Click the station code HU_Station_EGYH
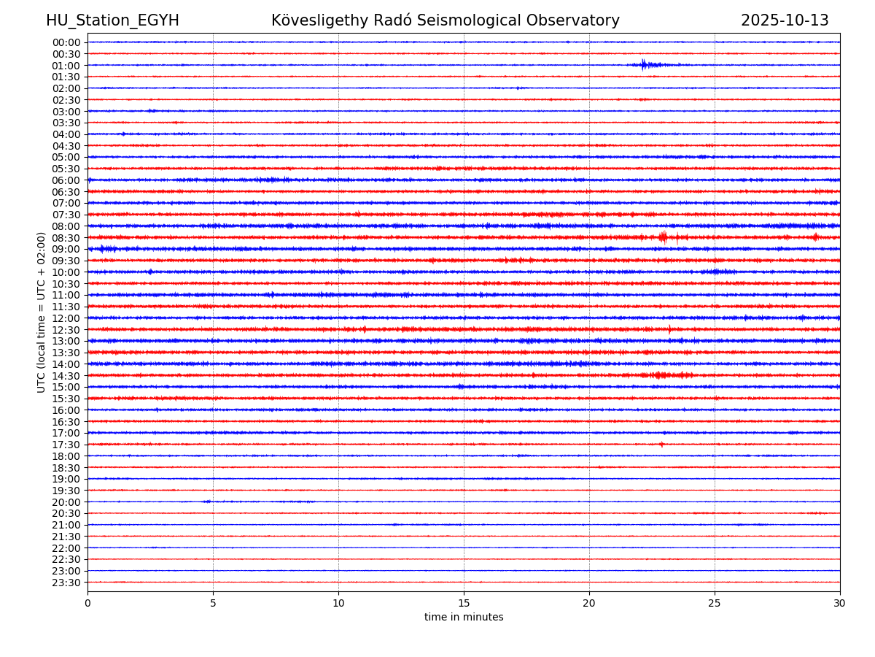pyautogui.click(x=112, y=21)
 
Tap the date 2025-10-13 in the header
pyautogui.click(x=785, y=21)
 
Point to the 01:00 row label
pyautogui.click(x=66, y=66)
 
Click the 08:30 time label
pyautogui.click(x=66, y=238)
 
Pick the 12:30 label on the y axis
pyautogui.click(x=66, y=330)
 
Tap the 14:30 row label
pyautogui.click(x=66, y=376)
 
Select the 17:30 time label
pyautogui.click(x=66, y=445)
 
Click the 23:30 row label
pyautogui.click(x=66, y=583)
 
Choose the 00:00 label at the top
pyautogui.click(x=66, y=42)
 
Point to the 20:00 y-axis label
pyautogui.click(x=66, y=502)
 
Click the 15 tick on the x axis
pyautogui.click(x=464, y=604)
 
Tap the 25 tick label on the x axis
pyautogui.click(x=715, y=604)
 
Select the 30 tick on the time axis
pyautogui.click(x=839, y=604)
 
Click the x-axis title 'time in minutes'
pyautogui.click(x=464, y=618)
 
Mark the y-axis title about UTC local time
pyautogui.click(x=42, y=312)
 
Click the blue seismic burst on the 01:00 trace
pyautogui.click(x=644, y=65)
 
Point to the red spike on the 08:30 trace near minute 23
pyautogui.click(x=663, y=237)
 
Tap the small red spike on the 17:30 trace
pyautogui.click(x=661, y=444)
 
